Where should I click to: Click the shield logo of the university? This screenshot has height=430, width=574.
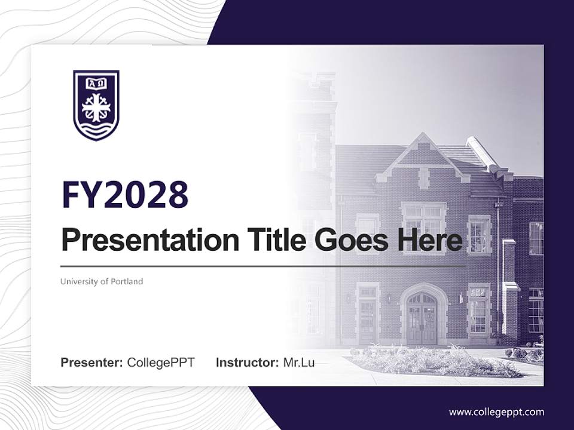(96, 105)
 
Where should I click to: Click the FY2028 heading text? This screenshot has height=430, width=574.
(125, 195)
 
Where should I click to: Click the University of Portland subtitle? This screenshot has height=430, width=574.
(102, 281)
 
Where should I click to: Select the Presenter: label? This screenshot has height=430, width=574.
(92, 363)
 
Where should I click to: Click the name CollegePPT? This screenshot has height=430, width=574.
(161, 363)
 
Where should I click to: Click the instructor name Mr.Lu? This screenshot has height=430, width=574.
(299, 363)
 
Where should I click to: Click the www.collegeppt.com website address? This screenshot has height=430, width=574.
(496, 411)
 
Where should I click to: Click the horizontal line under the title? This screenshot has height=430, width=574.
(263, 266)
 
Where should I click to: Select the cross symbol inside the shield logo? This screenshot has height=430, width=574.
(96, 108)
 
